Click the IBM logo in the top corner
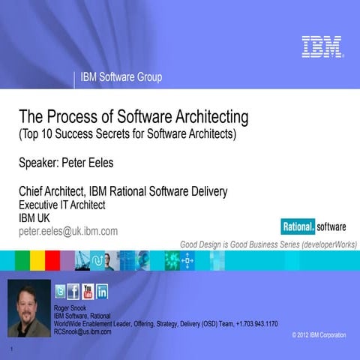pos(322,46)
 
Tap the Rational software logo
pos(308,226)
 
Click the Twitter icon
pos(60,292)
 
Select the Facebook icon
pos(73,292)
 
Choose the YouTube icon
pos(88,292)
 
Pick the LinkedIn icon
pos(102,292)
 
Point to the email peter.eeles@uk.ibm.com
pos(68,231)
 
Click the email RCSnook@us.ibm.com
pos(82,331)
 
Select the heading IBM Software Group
pos(121,77)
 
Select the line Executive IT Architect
pos(61,204)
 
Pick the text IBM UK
pos(34,217)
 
